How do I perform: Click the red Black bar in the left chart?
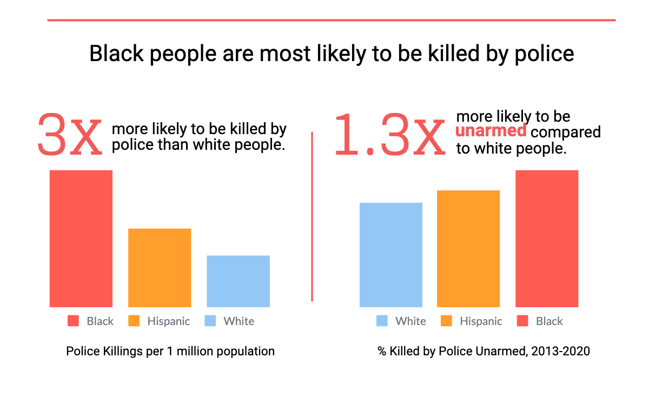pyautogui.click(x=81, y=239)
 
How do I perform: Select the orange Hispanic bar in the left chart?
pyautogui.click(x=160, y=268)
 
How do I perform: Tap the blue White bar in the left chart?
pyautogui.click(x=238, y=281)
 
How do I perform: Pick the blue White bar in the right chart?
pyautogui.click(x=391, y=255)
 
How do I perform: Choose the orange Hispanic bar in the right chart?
pyautogui.click(x=468, y=249)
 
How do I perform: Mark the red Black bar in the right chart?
pyautogui.click(x=547, y=239)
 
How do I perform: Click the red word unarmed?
pyautogui.click(x=491, y=131)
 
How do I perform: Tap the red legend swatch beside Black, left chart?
pyautogui.click(x=73, y=321)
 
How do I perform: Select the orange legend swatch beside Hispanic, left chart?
pyautogui.click(x=134, y=321)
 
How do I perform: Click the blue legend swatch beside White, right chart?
pyautogui.click(x=382, y=321)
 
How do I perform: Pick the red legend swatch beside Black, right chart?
pyautogui.click(x=522, y=321)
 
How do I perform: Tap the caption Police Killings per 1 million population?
pyautogui.click(x=170, y=351)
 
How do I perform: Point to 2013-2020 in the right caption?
pyautogui.click(x=560, y=351)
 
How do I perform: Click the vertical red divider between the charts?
pyautogui.click(x=312, y=216)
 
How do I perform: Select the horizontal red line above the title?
pyautogui.click(x=331, y=20)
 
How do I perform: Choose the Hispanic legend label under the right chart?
pyautogui.click(x=481, y=321)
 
